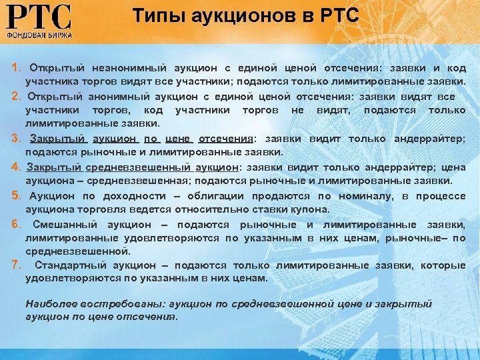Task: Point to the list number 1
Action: [15, 69]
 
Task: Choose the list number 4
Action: [15, 167]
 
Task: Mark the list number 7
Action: [15, 265]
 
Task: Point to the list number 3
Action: [15, 139]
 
